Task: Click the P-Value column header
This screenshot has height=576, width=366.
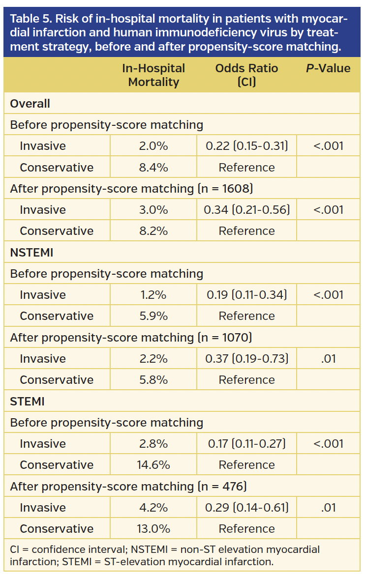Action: [x=328, y=69]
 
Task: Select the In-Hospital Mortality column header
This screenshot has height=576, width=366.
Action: [x=153, y=75]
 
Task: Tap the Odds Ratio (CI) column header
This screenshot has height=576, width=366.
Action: [x=246, y=75]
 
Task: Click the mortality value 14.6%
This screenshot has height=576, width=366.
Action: [x=153, y=465]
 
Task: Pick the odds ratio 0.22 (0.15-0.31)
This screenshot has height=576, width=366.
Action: [x=246, y=146]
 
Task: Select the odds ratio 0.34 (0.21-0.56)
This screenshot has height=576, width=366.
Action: [x=246, y=210]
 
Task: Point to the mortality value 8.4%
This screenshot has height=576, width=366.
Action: [x=153, y=168]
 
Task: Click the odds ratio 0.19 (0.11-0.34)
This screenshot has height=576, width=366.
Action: [x=246, y=295]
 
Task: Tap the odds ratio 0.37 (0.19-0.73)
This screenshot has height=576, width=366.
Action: [x=246, y=359]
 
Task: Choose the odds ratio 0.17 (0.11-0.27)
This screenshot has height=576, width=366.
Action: [x=246, y=444]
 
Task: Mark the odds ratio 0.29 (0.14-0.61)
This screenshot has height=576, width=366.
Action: [x=246, y=508]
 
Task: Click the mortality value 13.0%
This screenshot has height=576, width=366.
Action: [x=153, y=529]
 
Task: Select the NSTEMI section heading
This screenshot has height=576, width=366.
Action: [x=31, y=253]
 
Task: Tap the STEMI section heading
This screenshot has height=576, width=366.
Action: [x=27, y=402]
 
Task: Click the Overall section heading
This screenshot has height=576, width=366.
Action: [x=30, y=104]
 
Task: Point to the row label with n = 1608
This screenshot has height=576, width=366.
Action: [x=131, y=189]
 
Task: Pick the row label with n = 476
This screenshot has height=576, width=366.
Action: [x=128, y=487]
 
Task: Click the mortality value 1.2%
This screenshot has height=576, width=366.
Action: [x=153, y=295]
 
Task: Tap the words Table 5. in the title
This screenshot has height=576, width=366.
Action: [x=30, y=20]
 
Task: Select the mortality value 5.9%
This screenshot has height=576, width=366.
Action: [x=153, y=316]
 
